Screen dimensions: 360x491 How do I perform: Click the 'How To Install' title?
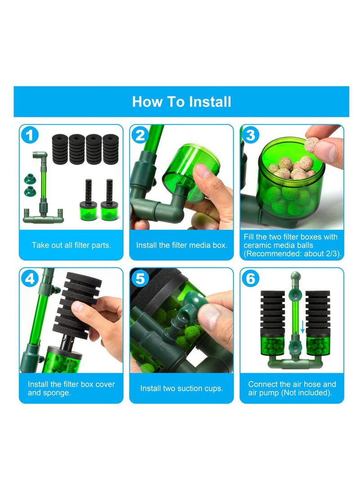[x=181, y=102]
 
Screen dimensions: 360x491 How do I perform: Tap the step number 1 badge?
[x=30, y=135]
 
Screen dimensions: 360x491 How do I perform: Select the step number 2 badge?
[x=140, y=135]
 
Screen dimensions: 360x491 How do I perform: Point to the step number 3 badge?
[x=250, y=135]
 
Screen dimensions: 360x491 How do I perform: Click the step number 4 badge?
[x=30, y=278]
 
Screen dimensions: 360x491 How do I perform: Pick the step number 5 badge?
[x=140, y=278]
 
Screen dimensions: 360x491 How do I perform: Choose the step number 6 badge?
[x=250, y=278]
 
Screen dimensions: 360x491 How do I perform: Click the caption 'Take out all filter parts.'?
[x=72, y=245]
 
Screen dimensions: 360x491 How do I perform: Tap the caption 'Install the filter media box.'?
[x=181, y=245]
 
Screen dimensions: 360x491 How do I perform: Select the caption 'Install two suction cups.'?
[x=181, y=388]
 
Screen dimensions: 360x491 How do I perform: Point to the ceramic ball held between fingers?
[x=312, y=145]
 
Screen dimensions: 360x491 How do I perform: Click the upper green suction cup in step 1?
[x=30, y=179]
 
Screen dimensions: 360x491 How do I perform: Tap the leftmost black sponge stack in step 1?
[x=60, y=149]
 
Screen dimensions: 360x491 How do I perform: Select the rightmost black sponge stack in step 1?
[x=111, y=149]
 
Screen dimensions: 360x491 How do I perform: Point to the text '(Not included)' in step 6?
[x=310, y=393]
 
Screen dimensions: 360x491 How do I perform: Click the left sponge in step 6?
[x=273, y=313]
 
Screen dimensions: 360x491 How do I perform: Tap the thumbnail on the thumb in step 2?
[x=201, y=171]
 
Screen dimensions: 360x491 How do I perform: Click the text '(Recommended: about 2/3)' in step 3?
[x=292, y=254]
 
